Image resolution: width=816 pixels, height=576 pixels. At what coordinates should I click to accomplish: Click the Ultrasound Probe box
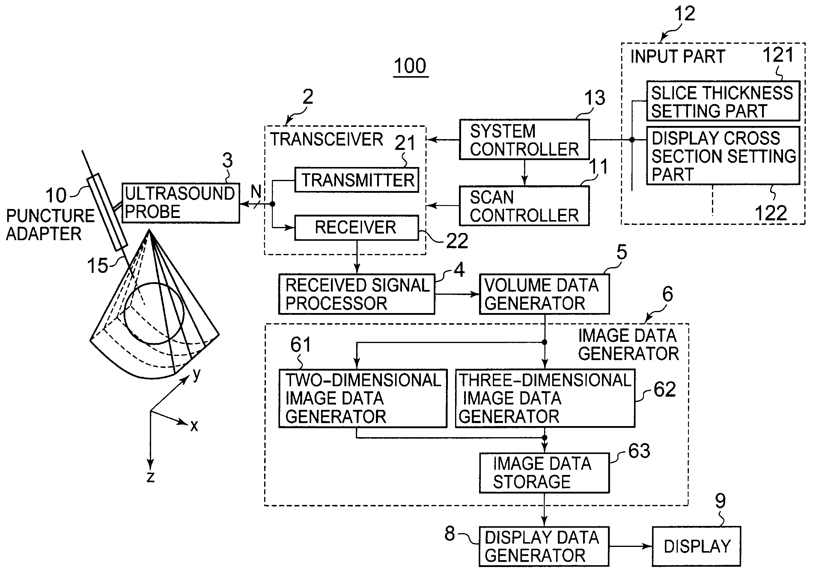coord(181,203)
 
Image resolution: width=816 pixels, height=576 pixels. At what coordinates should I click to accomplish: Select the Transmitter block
coord(357,180)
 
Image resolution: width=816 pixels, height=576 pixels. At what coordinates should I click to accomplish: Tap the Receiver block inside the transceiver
coord(357,228)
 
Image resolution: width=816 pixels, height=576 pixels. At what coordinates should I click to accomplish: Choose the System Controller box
coord(524,139)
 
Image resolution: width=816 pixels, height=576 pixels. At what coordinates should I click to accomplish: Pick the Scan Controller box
coord(524,205)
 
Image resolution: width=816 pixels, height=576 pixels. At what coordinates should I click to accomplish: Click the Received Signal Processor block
coord(357,294)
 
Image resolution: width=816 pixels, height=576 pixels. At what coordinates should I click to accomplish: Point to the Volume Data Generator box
coord(544,294)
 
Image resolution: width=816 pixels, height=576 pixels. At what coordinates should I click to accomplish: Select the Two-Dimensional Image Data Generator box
coord(363,398)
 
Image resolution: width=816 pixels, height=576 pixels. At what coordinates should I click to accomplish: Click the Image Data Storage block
coord(544,473)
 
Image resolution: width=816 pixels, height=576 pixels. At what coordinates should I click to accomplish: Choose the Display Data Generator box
coord(544,547)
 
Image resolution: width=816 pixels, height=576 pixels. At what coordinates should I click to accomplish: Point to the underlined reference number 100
coord(410,67)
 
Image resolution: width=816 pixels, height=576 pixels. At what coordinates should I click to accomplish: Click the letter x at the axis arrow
coord(194,425)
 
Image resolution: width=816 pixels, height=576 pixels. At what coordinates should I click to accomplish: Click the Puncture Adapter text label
coord(50,225)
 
